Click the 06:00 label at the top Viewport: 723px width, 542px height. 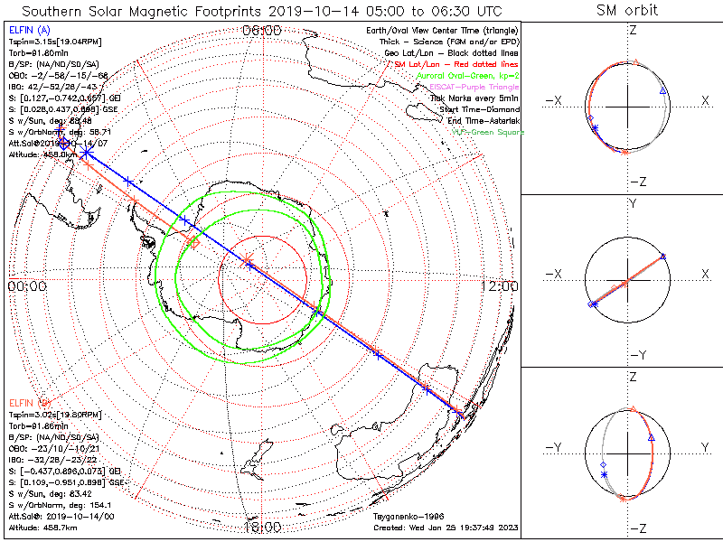(x=262, y=30)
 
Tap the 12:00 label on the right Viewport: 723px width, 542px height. (x=500, y=285)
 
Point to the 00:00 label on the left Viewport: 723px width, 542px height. (x=26, y=285)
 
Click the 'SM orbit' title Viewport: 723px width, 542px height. (x=627, y=11)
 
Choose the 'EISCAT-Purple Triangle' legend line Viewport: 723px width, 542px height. (x=474, y=87)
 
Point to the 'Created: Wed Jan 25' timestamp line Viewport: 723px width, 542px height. (x=446, y=527)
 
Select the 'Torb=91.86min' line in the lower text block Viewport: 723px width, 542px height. (x=38, y=425)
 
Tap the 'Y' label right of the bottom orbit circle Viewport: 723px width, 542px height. (x=705, y=447)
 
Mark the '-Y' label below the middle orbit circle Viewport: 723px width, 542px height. (x=636, y=353)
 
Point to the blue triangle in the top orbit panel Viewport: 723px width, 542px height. (x=662, y=92)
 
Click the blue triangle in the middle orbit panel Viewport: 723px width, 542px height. (x=664, y=257)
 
